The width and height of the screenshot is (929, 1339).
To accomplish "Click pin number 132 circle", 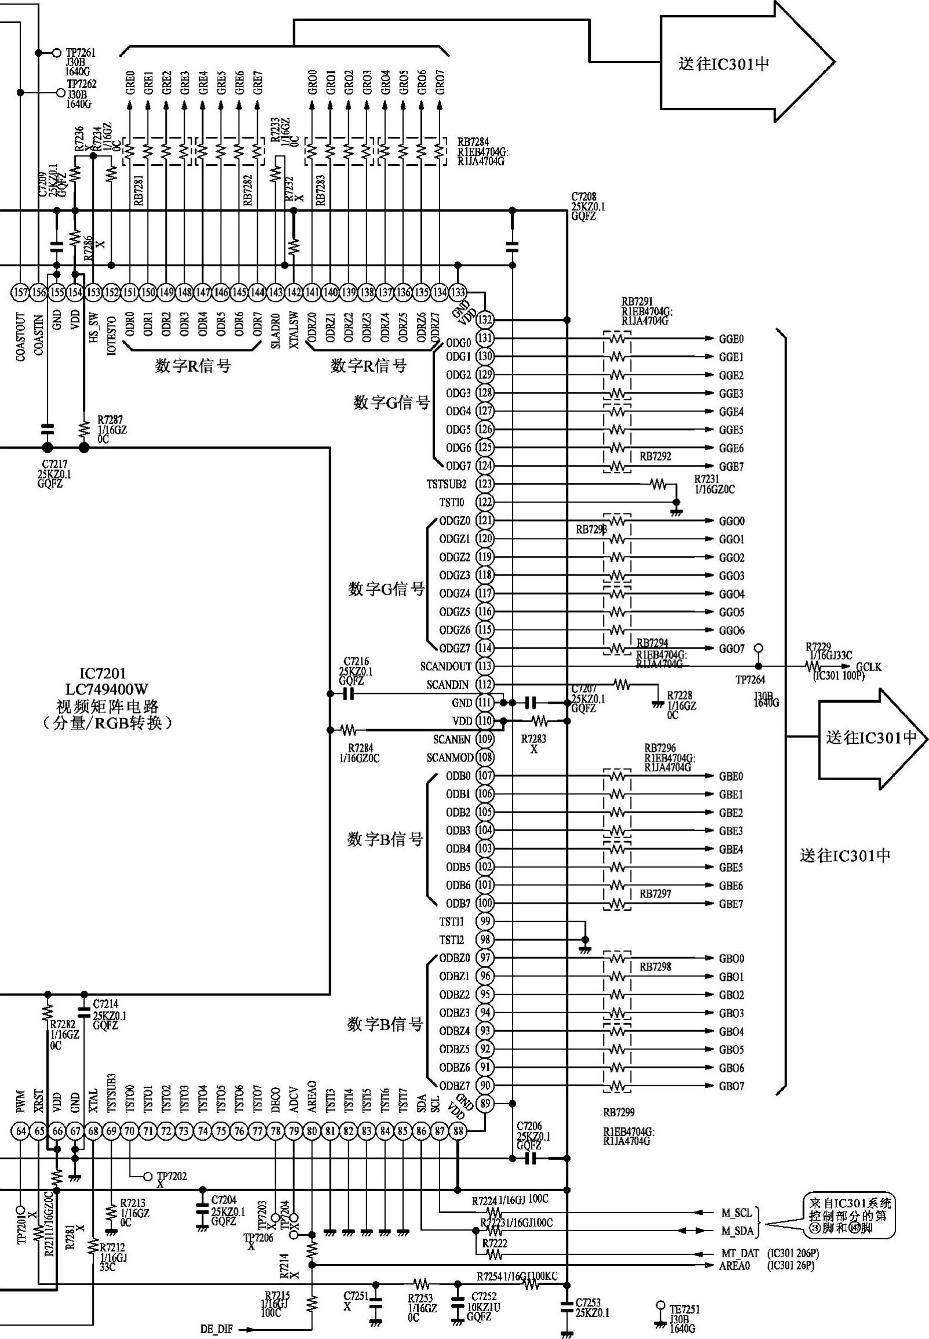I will point(485,320).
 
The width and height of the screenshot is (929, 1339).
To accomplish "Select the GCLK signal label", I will point(868,667).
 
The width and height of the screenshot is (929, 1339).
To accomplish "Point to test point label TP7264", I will point(750,680).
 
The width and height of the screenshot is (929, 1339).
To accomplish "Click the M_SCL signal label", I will point(737,1213).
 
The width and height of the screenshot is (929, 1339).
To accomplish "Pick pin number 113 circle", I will point(485,665).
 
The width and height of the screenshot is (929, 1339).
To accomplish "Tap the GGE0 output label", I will point(731,339).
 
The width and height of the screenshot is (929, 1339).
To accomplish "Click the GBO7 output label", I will point(731,1086).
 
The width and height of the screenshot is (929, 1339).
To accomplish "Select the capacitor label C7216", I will point(356,661).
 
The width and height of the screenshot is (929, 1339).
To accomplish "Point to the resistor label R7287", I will point(110,419).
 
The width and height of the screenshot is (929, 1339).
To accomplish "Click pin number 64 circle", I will point(21,1131).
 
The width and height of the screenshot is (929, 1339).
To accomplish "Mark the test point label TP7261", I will point(81,53).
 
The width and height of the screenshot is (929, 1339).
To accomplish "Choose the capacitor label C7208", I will point(583,197).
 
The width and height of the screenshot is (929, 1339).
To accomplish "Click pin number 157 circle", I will point(20,292).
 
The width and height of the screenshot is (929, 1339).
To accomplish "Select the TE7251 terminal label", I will point(685,1309).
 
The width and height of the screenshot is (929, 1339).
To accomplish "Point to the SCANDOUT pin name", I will point(445,666).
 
